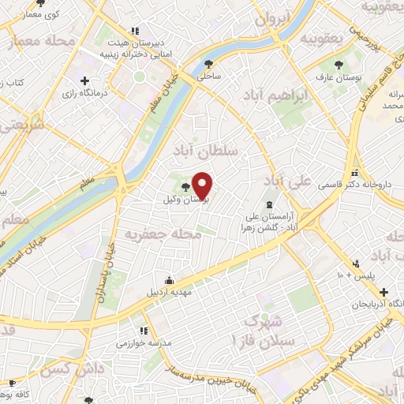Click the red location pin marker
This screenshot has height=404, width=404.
point(203,185)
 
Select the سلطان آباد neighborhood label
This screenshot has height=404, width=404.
point(220,147)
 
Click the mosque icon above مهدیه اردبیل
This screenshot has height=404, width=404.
point(169,279)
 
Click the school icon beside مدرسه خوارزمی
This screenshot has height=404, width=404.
point(144,331)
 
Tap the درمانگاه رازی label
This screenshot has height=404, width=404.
point(83,93)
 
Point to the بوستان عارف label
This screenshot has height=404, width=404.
point(339,78)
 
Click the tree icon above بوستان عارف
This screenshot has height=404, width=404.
point(339,65)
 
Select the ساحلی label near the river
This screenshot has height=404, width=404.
point(209,77)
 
